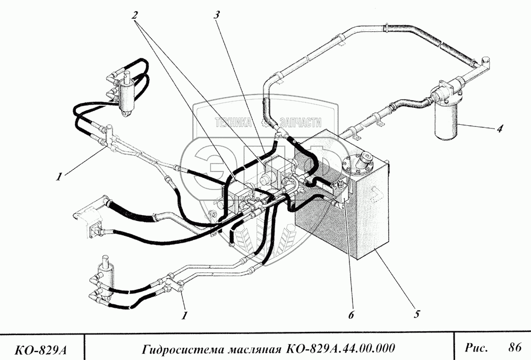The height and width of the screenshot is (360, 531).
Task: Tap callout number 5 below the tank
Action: pos(417,314)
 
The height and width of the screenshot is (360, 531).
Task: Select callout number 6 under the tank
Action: pos(351,315)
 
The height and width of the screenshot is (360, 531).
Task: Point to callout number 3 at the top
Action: pos(216,15)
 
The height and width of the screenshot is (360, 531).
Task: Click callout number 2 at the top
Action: pos(136,15)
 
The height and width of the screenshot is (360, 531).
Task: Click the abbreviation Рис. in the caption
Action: pos(476,348)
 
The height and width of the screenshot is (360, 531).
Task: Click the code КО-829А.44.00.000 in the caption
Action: pos(339,349)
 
